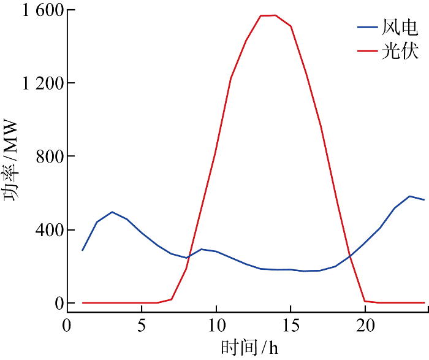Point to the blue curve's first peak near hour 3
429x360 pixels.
pos(112,212)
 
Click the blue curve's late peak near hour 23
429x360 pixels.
pos(409,196)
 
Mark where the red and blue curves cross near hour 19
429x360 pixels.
pos(350,256)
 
